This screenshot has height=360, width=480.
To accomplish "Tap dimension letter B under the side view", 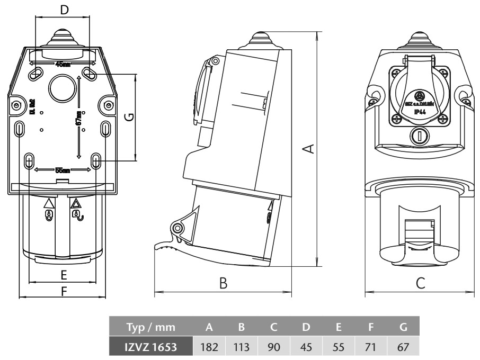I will pyautogui.click(x=224, y=284).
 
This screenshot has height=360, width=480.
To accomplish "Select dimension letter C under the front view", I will pyautogui.click(x=420, y=284).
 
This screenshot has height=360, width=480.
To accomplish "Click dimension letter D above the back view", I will pyautogui.click(x=64, y=10).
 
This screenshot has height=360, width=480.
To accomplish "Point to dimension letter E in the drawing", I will pyautogui.click(x=63, y=275).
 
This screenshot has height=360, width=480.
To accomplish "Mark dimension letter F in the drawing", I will pyautogui.click(x=64, y=291).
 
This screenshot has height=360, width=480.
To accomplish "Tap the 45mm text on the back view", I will pyautogui.click(x=63, y=65).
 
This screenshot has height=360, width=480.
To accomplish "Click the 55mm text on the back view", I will pyautogui.click(x=63, y=170).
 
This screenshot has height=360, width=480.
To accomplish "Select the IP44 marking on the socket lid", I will pyautogui.click(x=420, y=113).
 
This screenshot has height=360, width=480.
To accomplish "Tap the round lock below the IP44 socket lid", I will pyautogui.click(x=420, y=136).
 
